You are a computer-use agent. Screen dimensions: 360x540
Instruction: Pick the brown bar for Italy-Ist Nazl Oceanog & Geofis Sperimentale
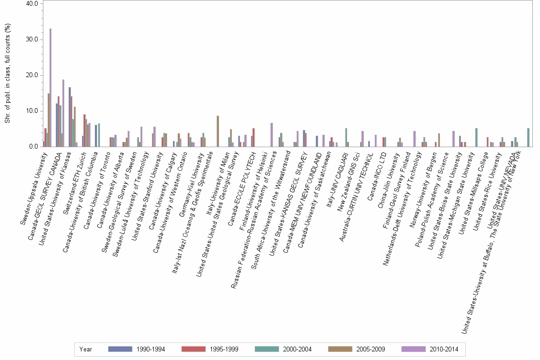pyautogui.click(x=218, y=131)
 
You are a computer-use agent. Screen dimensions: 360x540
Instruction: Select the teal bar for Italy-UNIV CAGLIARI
pyautogui.click(x=346, y=137)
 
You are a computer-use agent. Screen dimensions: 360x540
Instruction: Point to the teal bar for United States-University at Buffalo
pyautogui.click(x=528, y=137)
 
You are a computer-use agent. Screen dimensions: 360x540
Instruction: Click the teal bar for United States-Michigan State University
pyautogui.click(x=476, y=137)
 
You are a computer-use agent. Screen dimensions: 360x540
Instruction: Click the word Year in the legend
pyautogui.click(x=86, y=349)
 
